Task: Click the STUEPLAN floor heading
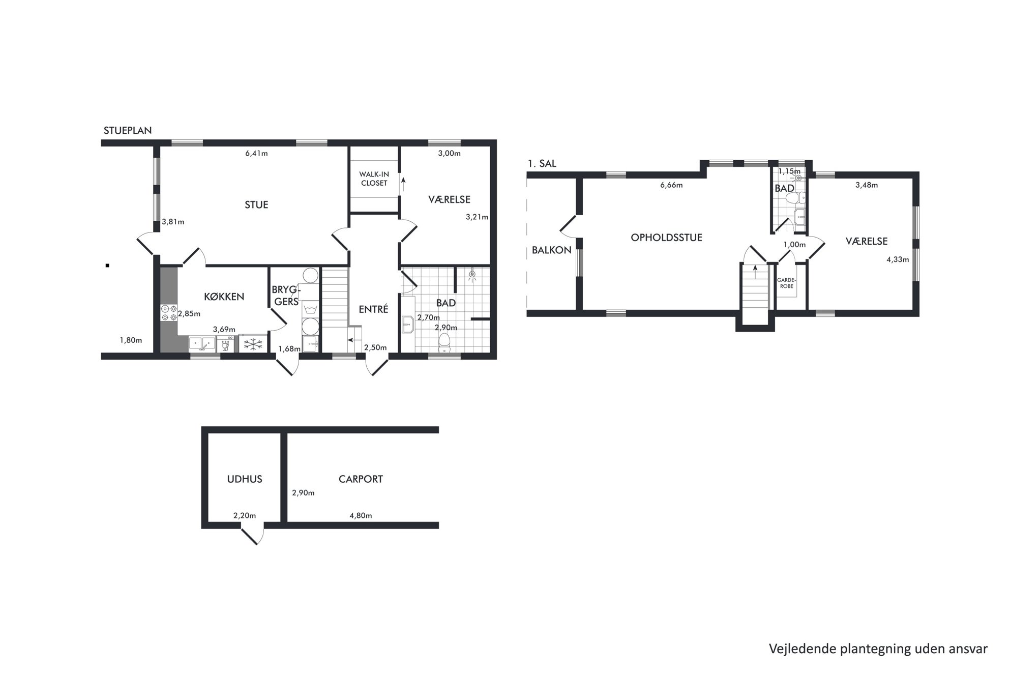128,130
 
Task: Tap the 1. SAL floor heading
542,164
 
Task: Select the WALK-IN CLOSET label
374,179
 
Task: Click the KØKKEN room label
224,297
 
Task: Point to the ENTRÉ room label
373,309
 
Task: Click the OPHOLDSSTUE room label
666,238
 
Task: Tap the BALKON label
552,250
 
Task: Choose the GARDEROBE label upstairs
786,283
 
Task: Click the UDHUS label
245,479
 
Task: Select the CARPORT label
361,479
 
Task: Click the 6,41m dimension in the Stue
256,154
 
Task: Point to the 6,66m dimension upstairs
671,185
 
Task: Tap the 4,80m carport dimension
361,515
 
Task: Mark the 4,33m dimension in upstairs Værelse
898,259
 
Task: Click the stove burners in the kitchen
169,313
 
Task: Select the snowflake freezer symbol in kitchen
253,344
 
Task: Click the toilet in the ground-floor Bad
444,343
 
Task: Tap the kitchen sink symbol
202,344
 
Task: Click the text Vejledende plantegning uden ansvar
878,649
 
